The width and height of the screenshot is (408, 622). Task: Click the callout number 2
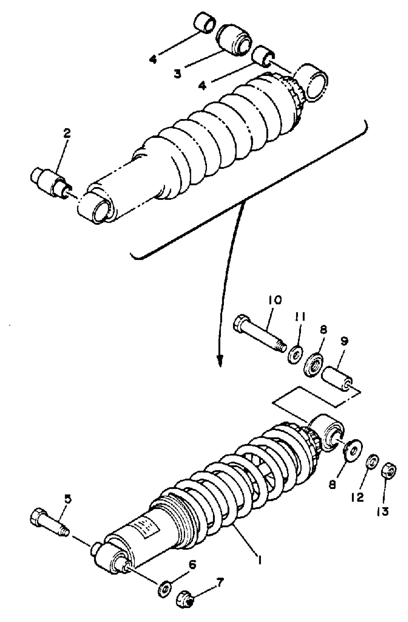point(67,134)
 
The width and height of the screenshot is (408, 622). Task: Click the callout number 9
point(345,341)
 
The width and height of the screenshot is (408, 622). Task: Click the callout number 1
point(260,560)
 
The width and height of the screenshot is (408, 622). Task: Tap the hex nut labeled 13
point(390,471)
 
